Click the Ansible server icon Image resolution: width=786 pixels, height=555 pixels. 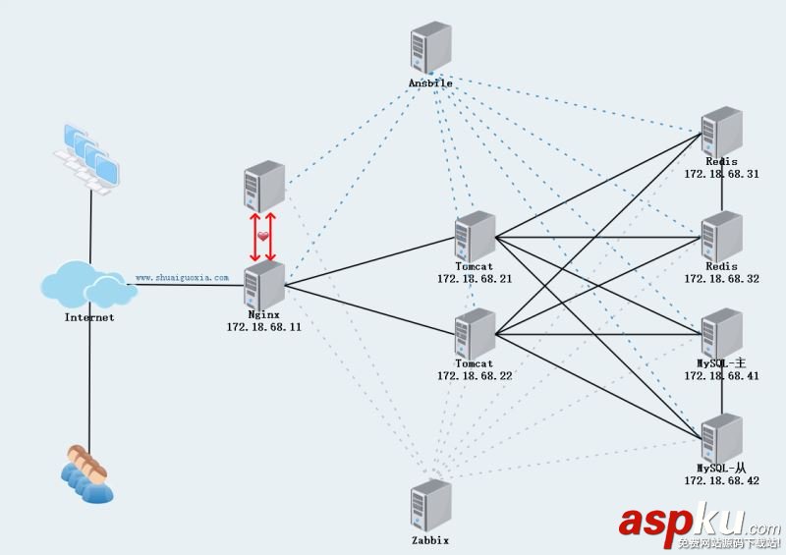430,49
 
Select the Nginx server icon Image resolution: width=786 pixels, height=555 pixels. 263,286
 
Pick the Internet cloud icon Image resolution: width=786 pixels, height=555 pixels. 88,286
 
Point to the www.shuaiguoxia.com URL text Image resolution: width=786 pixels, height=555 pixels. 182,278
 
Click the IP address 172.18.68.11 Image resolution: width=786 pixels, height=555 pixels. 263,327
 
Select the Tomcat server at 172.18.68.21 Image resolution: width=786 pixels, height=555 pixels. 476,236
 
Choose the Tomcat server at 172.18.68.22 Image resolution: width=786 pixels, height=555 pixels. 476,334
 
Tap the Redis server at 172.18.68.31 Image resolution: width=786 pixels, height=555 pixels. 721,131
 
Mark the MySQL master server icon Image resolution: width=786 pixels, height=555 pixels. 721,334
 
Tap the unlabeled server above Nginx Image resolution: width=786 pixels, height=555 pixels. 263,185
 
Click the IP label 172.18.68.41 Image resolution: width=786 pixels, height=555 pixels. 721,376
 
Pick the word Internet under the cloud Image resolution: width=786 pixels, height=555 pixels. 89,317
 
